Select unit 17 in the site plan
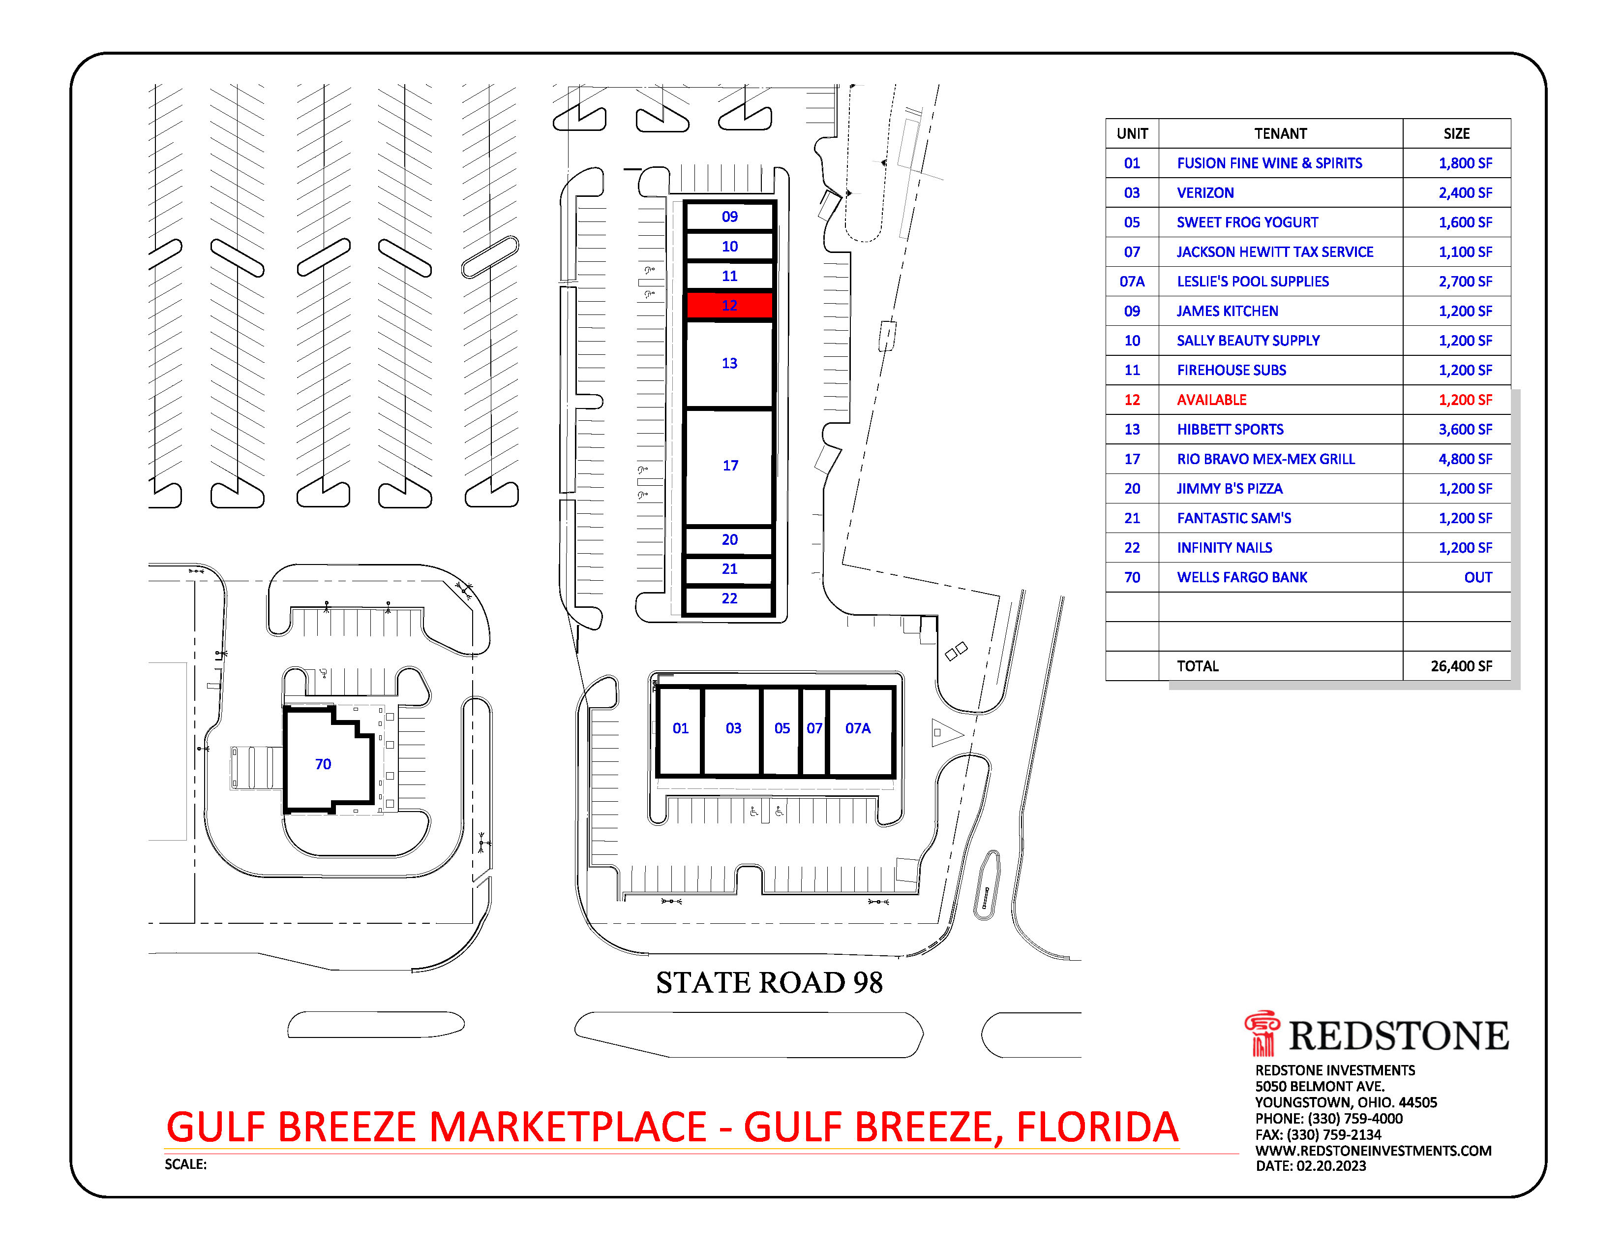tap(730, 466)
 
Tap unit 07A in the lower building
tap(858, 728)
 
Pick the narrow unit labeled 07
tap(814, 728)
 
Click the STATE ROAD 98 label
tap(769, 983)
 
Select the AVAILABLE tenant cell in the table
tap(1211, 400)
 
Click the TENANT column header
tap(1280, 134)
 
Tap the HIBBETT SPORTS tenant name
tap(1230, 430)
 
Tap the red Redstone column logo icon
tap(1262, 1034)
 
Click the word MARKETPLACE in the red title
tap(568, 1128)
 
